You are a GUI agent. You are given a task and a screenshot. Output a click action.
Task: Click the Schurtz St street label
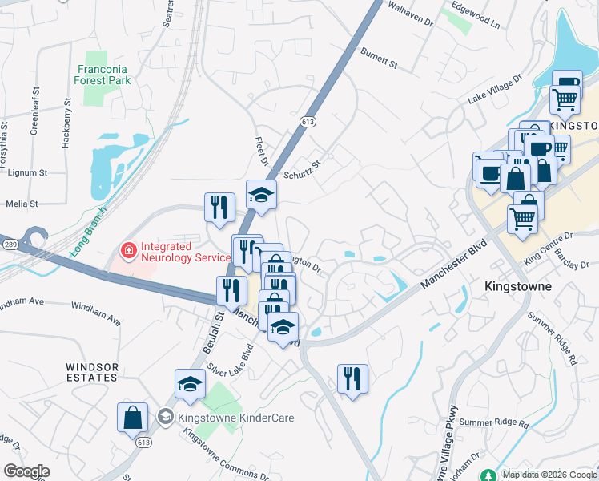coord(302,170)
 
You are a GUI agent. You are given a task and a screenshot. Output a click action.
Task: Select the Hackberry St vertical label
coord(66,123)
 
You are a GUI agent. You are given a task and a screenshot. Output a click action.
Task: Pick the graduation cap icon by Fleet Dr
coord(261,195)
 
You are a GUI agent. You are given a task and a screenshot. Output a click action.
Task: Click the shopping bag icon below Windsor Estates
coord(132,418)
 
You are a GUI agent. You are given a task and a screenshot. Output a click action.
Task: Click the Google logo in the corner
coord(26,472)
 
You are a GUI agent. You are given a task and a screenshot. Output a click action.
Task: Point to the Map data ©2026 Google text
coord(549,475)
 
